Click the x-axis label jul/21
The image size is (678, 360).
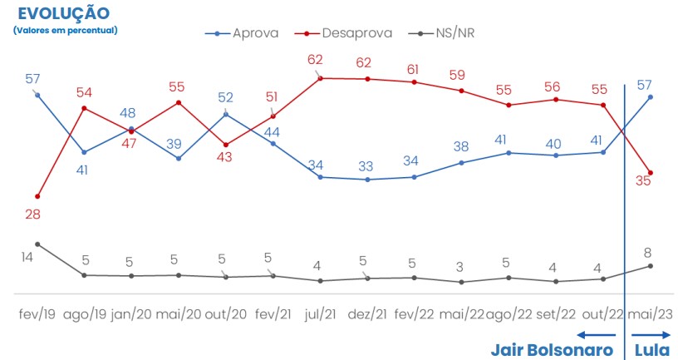coord(320,315)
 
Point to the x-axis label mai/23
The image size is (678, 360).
coord(651,315)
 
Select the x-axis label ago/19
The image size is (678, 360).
coord(84,315)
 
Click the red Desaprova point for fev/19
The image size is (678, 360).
coord(37,196)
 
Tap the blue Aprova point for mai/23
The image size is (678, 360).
coord(651,96)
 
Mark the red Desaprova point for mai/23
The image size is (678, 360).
coord(651,173)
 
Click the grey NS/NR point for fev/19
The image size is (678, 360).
coord(37,244)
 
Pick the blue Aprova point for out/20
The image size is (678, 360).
coord(226,114)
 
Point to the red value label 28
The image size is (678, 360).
coord(32,214)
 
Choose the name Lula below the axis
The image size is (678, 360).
coord(651,348)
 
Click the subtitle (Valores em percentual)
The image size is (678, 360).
coord(66,30)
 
